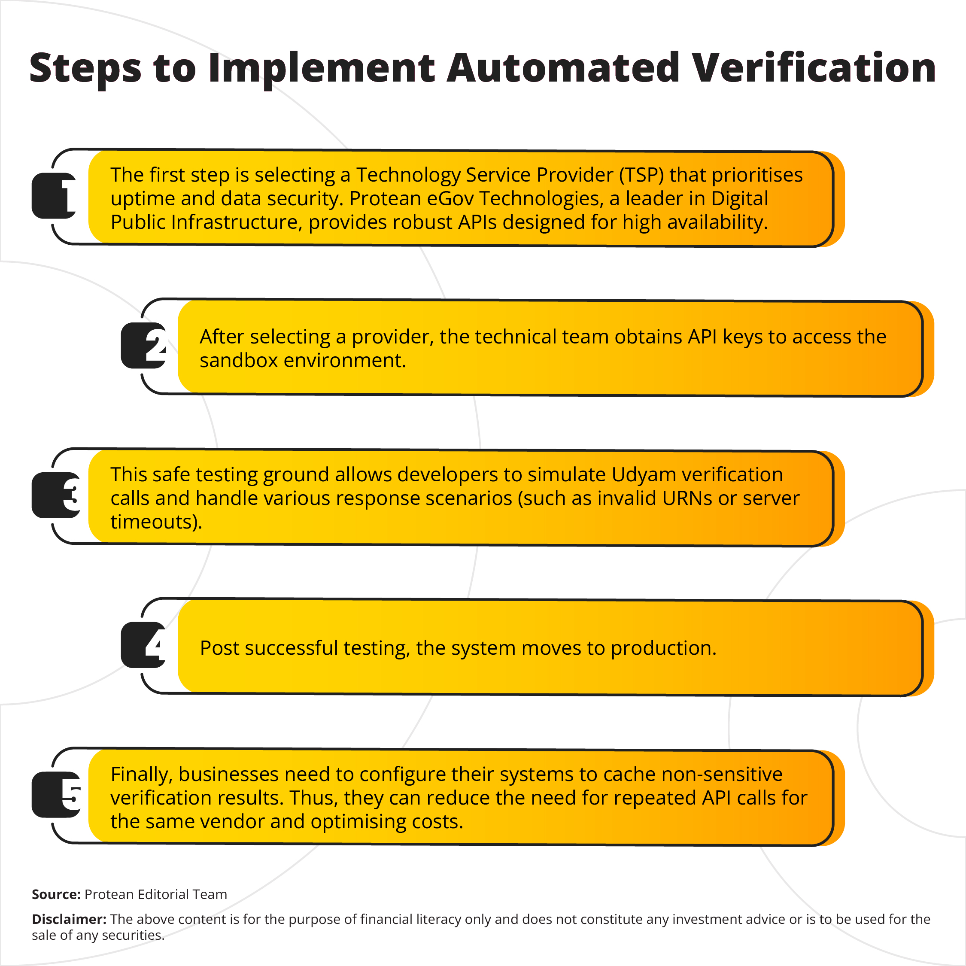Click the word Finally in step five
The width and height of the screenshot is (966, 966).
(142, 775)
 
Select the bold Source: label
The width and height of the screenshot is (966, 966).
(56, 894)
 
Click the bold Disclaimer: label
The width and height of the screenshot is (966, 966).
(69, 920)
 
